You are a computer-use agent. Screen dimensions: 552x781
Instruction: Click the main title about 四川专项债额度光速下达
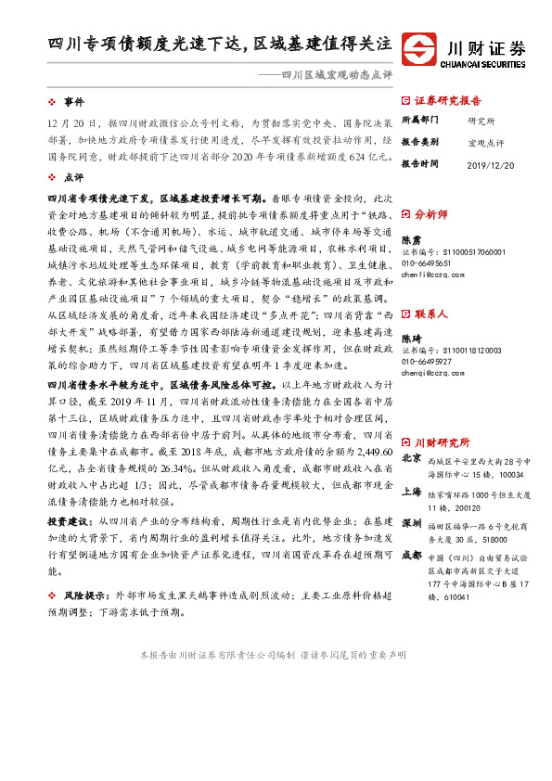[221, 44]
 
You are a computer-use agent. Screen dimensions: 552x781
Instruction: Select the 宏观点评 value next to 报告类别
[486, 141]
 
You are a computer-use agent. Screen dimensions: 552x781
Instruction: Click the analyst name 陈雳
[412, 240]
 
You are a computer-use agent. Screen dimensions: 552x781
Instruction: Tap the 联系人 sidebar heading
[431, 314]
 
